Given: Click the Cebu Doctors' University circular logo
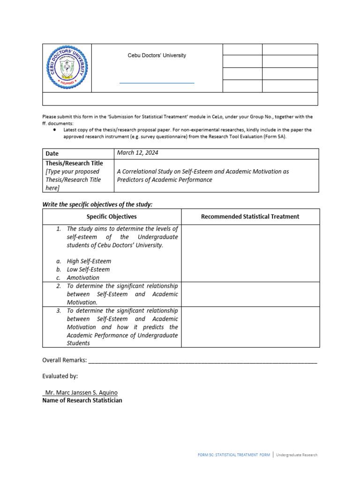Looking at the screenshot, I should pos(67,68).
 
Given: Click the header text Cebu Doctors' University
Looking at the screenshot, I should pos(157,55).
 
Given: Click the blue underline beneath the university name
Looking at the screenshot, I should pos(157,83).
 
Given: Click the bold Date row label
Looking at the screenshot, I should pos(52,154).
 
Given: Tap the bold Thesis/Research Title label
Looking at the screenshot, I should pos(74,163).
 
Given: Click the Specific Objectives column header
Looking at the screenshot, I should pos(112,217).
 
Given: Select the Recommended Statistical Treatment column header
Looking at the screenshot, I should pos(250,217).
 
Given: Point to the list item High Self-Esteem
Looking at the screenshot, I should pos(89,261).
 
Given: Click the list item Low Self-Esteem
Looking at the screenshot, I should pos(88,270).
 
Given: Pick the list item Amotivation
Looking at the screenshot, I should pos(83,277).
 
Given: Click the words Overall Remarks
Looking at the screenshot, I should pos(64,360).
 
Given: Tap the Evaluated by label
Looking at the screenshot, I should pos(60,376).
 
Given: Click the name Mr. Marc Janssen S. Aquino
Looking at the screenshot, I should pos(81,392).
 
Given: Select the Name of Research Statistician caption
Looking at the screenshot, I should pos(82,400).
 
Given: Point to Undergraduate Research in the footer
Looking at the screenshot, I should pos(296,455).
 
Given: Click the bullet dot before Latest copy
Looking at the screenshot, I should pos(55,129).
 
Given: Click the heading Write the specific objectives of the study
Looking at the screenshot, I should pos(97,204).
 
